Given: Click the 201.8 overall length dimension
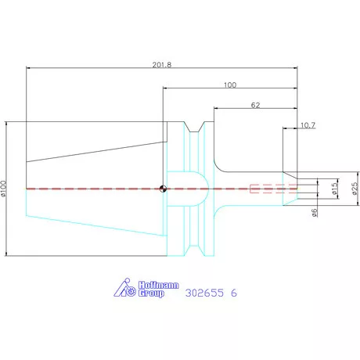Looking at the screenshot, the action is point(162,65).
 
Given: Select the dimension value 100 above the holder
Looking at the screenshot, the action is point(230,85).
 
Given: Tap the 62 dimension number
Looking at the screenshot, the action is point(255,105).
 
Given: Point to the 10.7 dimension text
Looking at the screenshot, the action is point(308,125).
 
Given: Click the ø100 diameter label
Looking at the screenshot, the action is point(3,188).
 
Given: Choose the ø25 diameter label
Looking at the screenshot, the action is point(355,189).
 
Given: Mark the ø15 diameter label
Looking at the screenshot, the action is point(334,189).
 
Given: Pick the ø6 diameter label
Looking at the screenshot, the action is point(315,212).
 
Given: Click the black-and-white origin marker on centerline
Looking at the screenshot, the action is point(163,189).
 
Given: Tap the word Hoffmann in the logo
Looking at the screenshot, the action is point(158,285).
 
